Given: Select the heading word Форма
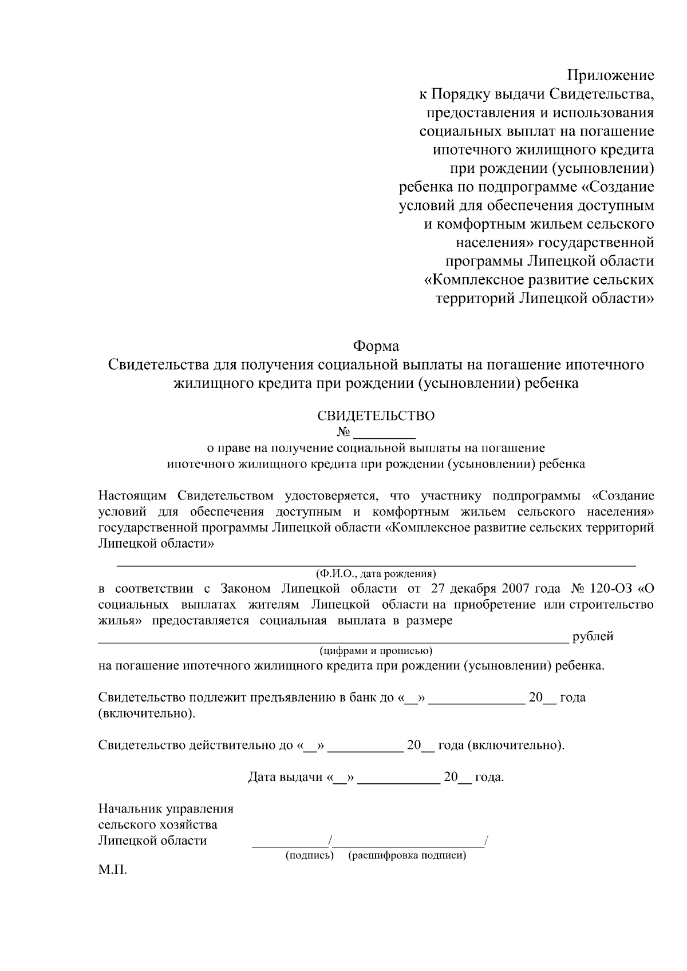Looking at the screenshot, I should point(376,346).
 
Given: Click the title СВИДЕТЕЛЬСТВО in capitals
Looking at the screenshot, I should point(376,416).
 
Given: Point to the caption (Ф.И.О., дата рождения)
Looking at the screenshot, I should point(376,573).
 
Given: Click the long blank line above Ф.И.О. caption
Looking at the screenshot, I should point(376,565).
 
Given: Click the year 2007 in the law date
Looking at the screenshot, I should point(516,589).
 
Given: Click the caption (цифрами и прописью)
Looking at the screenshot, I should point(376,651).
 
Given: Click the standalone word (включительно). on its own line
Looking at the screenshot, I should point(146,714).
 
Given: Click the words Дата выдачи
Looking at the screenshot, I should point(285,778).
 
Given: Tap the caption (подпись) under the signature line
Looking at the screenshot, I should point(309,856).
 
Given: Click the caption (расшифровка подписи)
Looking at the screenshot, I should point(407,856).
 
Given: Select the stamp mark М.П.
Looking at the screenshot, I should point(112,871).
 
